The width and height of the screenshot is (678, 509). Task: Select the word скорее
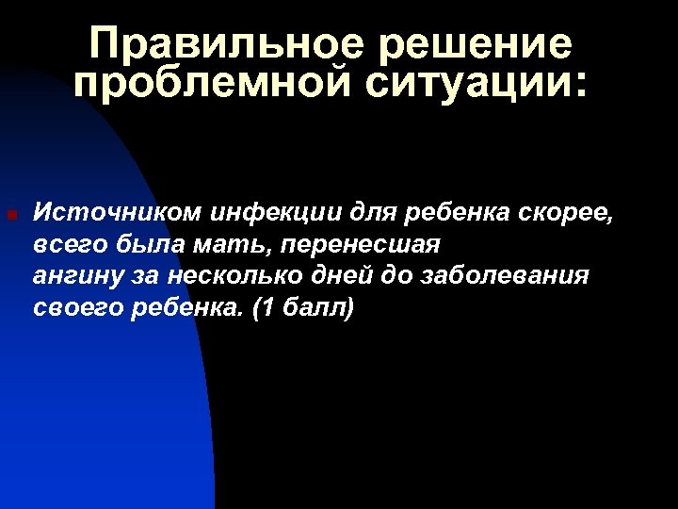pyautogui.click(x=566, y=213)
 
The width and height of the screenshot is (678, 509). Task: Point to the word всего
pyautogui.click(x=71, y=245)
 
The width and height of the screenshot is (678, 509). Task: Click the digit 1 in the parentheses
pyautogui.click(x=266, y=308)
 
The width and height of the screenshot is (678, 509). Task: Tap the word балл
pyautogui.click(x=314, y=308)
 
